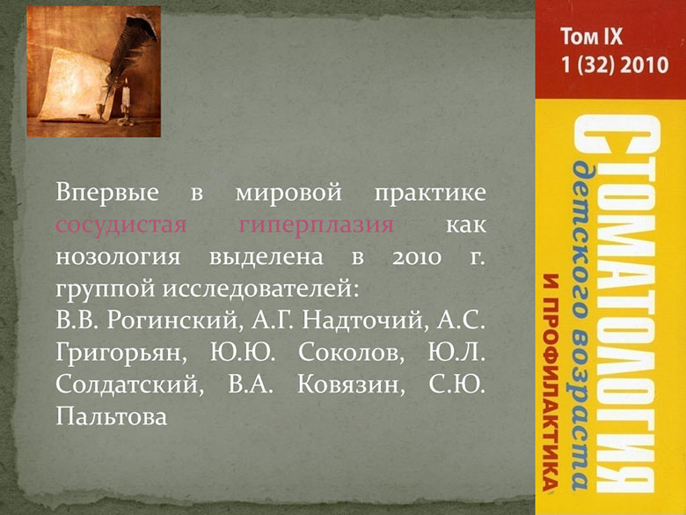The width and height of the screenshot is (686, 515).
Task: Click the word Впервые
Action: coord(107,193)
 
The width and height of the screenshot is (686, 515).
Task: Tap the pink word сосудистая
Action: coord(121,225)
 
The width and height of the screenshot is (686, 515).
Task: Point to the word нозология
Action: coord(118,257)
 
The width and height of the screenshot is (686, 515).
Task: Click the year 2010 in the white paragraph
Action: coord(417,257)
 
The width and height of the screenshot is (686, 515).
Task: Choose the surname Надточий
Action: coord(363,321)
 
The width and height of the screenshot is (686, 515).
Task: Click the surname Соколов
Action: coord(351,353)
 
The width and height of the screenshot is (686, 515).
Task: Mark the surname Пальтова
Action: coord(112,416)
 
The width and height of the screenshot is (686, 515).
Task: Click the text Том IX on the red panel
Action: coord(592,36)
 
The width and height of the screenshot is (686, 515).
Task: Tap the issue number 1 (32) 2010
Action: coord(615,65)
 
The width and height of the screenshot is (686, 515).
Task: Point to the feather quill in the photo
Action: coord(127,53)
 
